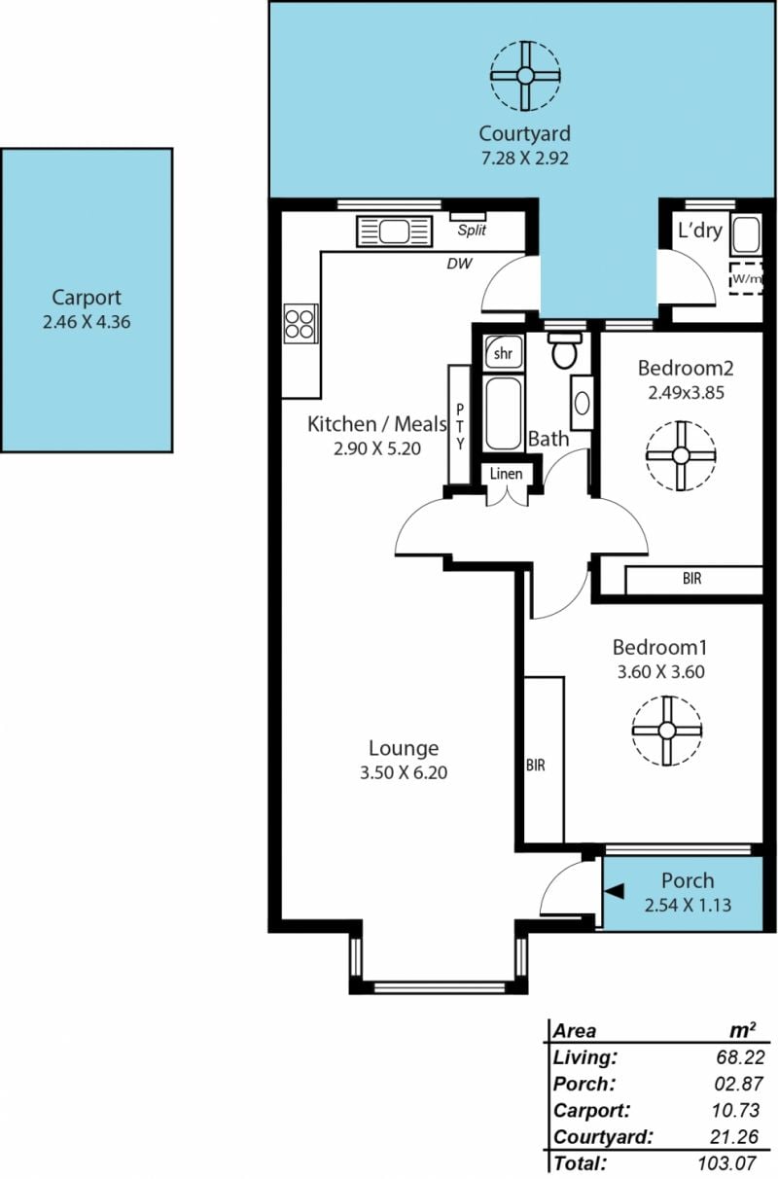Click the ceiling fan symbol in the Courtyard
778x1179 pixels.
(525, 76)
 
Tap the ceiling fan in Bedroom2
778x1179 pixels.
(681, 455)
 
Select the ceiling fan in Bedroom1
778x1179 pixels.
(667, 731)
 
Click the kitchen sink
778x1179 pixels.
(395, 232)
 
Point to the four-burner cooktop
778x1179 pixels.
(301, 324)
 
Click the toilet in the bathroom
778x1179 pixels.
(565, 350)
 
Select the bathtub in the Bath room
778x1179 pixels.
(504, 413)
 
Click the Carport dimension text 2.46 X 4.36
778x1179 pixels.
(87, 322)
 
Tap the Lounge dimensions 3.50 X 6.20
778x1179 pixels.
(404, 772)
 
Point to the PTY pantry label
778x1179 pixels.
(460, 426)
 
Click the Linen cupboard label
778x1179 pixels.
(506, 473)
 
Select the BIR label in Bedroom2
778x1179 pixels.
(692, 579)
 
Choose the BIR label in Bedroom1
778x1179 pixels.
(536, 765)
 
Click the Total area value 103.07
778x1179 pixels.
(727, 1162)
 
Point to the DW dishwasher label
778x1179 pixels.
(459, 264)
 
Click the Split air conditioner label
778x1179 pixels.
(472, 230)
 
